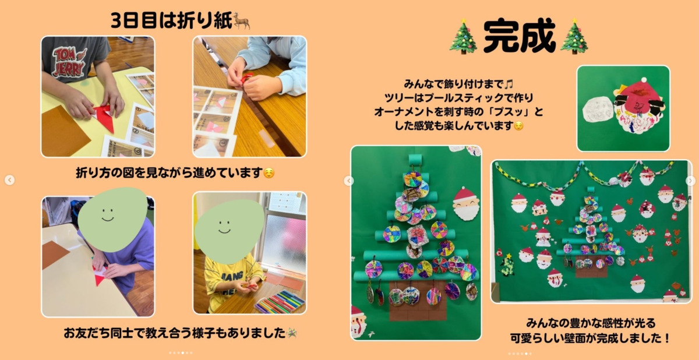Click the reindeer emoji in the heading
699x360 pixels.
(242, 20)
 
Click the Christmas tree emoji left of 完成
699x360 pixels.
(463, 36)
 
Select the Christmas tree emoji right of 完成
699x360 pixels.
(574, 36)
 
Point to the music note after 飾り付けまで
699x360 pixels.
(509, 84)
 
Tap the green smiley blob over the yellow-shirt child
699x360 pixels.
(230, 231)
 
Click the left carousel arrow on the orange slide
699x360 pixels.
(10, 180)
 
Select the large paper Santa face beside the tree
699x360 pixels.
(465, 204)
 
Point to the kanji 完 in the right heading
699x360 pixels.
(501, 36)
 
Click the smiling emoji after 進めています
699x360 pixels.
(269, 173)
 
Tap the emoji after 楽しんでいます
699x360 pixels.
(518, 126)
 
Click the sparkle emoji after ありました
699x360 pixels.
(292, 333)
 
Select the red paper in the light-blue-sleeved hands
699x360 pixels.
(246, 78)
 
